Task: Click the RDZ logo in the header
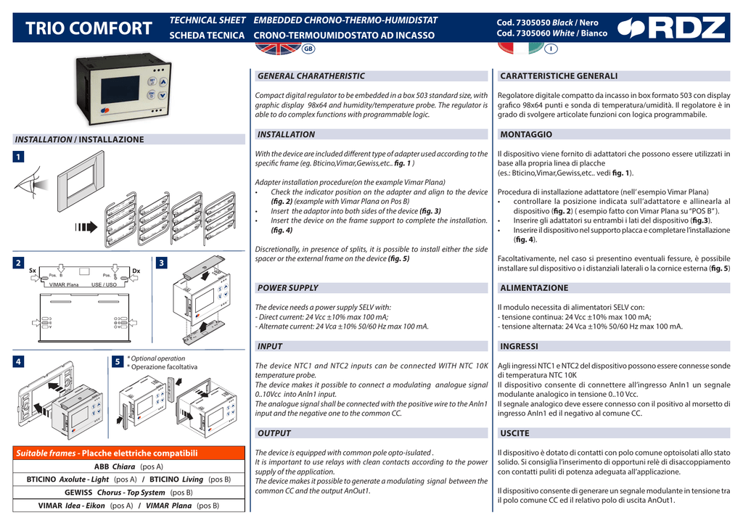(670, 28)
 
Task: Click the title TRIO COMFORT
(89, 29)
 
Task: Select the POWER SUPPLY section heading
(288, 288)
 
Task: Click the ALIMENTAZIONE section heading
(534, 288)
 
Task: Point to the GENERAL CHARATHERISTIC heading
(311, 75)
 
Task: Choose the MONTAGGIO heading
(526, 134)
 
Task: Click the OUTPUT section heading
(274, 433)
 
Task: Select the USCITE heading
(514, 433)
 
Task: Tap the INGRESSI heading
(519, 346)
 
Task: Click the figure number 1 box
(19, 157)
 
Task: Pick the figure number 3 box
(162, 263)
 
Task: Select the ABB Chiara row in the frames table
(123, 467)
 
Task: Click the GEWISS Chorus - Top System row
(123, 492)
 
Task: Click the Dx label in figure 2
(135, 270)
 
